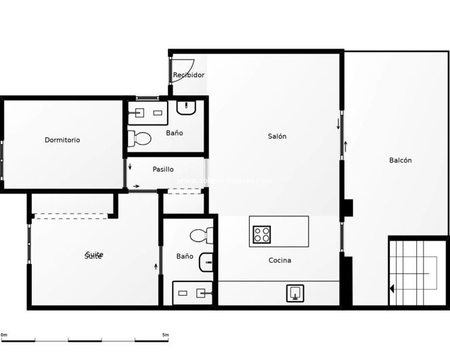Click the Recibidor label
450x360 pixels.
pyautogui.click(x=189, y=75)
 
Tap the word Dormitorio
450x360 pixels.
pyautogui.click(x=62, y=140)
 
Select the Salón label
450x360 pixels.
pyautogui.click(x=277, y=136)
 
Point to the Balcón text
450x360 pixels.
pyautogui.click(x=400, y=160)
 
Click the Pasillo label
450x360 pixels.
pyautogui.click(x=163, y=169)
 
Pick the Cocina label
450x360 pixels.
pyautogui.click(x=279, y=261)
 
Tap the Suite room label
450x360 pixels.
pyautogui.click(x=94, y=256)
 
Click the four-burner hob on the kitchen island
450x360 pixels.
pyautogui.click(x=262, y=234)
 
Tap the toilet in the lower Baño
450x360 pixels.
pyautogui.click(x=201, y=236)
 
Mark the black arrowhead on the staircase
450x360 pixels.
pyautogui.click(x=392, y=289)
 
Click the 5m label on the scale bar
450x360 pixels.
pyautogui.click(x=166, y=335)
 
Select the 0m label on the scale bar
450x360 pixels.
pyautogui.click(x=4, y=335)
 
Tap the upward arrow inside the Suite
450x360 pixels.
pyautogui.click(x=157, y=266)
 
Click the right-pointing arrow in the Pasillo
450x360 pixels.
pyautogui.click(x=137, y=186)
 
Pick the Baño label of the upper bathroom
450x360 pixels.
pyautogui.click(x=175, y=133)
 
